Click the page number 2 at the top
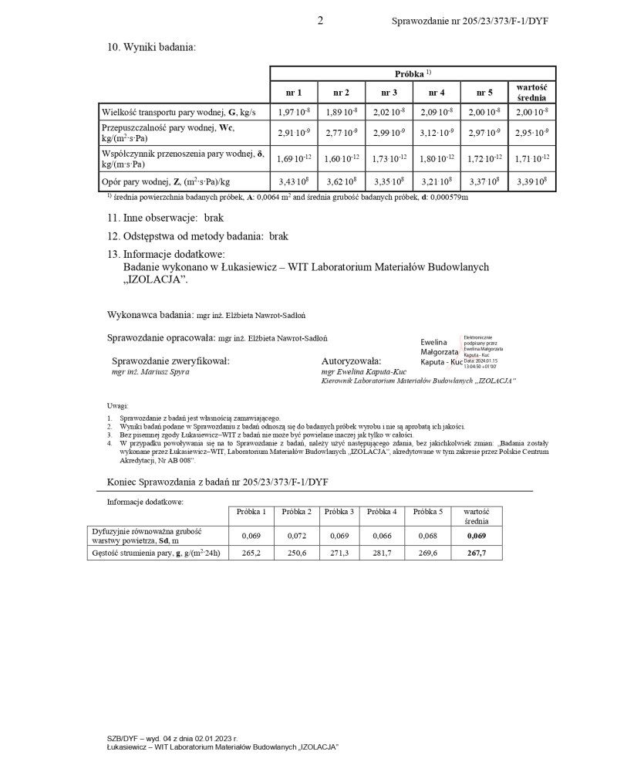point(320,21)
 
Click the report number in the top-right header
point(470,22)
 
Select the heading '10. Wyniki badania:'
point(152,47)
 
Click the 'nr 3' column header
point(389,93)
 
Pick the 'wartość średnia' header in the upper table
point(531,93)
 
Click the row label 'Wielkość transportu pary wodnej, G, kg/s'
point(178,113)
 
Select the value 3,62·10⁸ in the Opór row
point(341,183)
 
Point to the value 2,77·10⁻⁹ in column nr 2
point(341,134)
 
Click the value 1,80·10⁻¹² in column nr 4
point(437,159)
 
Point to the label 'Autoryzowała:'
point(351,361)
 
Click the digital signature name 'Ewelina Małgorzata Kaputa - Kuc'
point(440,351)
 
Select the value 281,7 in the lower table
point(383,554)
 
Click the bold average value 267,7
point(476,554)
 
